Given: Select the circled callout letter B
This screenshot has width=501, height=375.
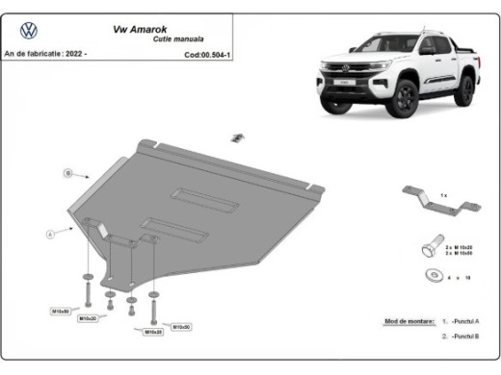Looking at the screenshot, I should (x=68, y=173).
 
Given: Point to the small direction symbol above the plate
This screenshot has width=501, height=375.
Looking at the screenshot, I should (x=233, y=137).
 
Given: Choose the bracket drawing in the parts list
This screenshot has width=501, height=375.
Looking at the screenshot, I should (x=438, y=205).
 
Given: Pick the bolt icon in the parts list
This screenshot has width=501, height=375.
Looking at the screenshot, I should (x=429, y=249).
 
